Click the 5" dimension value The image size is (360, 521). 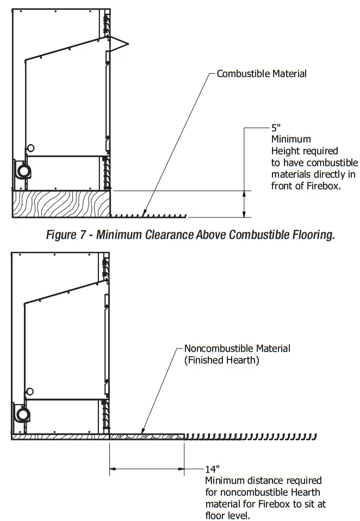tap(276, 128)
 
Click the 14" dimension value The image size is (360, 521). tap(212, 469)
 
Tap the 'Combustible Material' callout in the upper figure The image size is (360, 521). tap(262, 73)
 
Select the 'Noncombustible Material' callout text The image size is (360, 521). tap(237, 348)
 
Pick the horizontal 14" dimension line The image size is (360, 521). tap(147, 468)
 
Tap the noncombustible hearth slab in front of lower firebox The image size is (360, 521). tap(147, 436)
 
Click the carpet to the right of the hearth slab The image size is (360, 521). tap(250, 436)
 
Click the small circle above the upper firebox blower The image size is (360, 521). tap(31, 147)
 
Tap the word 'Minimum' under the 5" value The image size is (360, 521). tap(291, 139)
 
